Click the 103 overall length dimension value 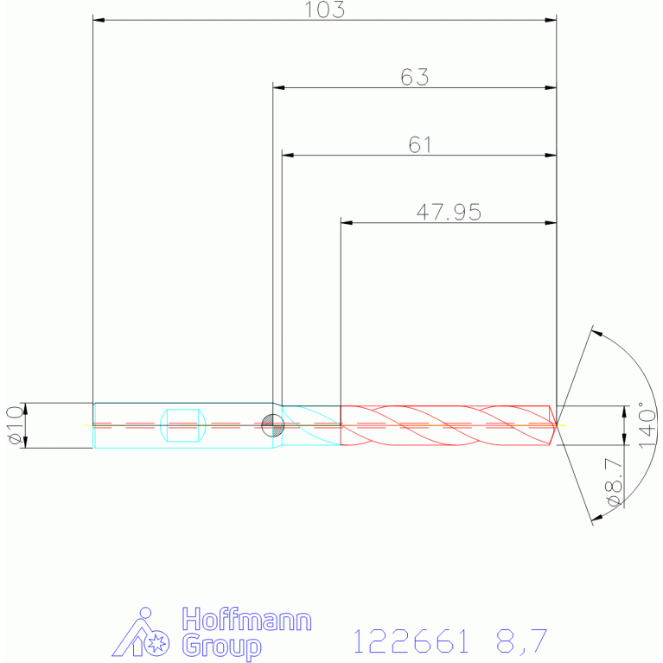[x=324, y=10]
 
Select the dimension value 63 [x=414, y=77]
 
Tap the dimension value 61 [x=419, y=144]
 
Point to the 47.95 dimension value [x=449, y=212]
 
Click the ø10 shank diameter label [x=16, y=425]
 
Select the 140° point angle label [x=647, y=424]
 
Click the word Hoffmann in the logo [x=246, y=620]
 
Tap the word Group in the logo [x=221, y=647]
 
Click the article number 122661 [x=411, y=641]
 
